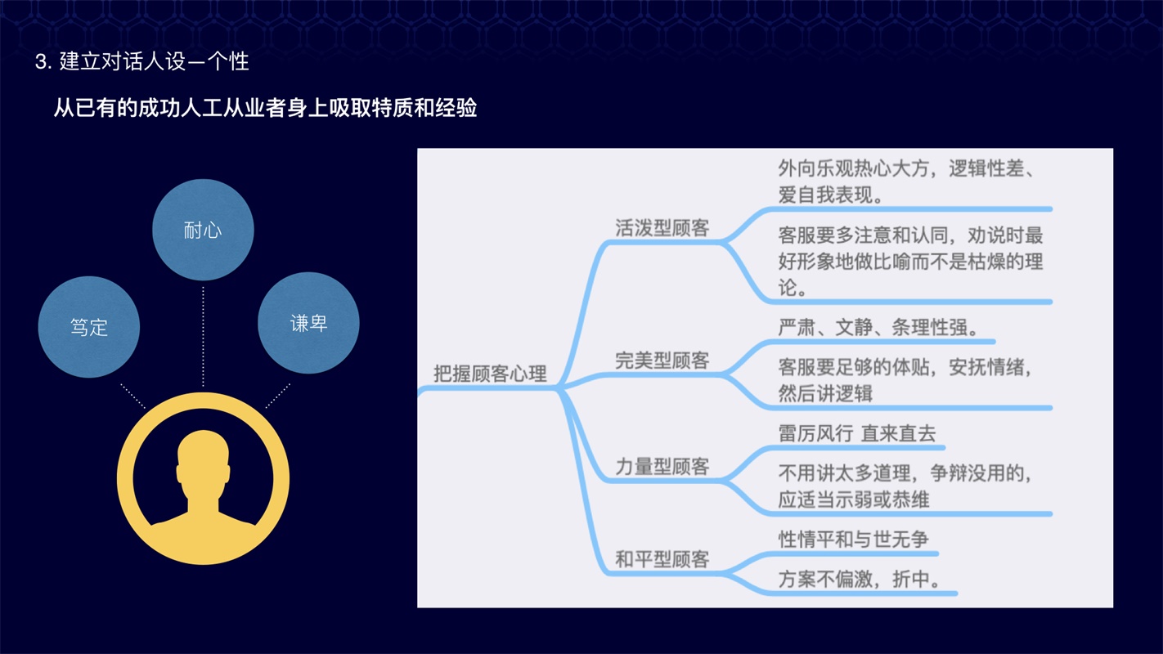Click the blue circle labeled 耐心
[203, 230]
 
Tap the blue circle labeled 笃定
[89, 327]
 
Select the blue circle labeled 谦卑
[308, 323]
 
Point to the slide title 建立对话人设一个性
[155, 62]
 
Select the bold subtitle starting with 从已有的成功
[265, 108]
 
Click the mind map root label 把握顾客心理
[490, 374]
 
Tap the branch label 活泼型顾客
[662, 227]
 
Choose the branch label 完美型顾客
[662, 361]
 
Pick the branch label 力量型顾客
[662, 466]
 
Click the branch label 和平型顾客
[662, 559]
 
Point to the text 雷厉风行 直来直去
[856, 433]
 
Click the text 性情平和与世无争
[853, 540]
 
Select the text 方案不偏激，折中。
[860, 579]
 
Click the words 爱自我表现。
[831, 195]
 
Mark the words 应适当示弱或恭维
[853, 499]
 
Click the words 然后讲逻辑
[825, 393]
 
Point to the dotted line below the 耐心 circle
[203, 336]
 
